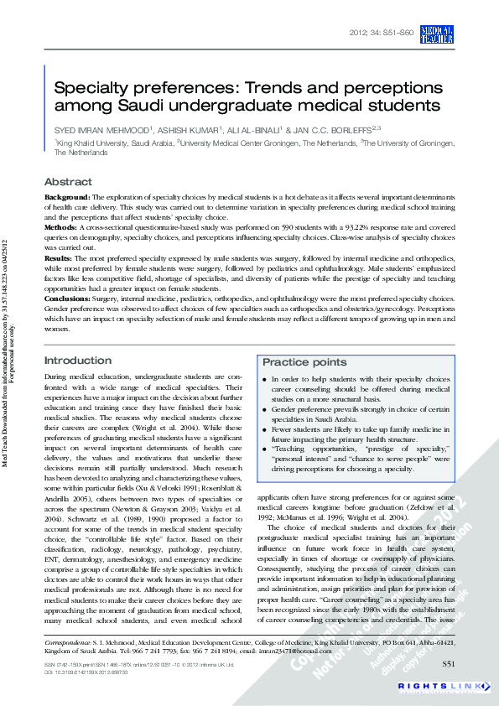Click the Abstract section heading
point(68,182)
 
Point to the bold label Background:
point(67,195)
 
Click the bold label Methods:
point(61,226)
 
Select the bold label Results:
point(60,258)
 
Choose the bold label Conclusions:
point(70,298)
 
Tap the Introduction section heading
point(77,361)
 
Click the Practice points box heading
point(304,362)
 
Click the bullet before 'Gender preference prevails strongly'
point(265,409)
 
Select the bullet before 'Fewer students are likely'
point(265,429)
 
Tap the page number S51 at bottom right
point(450,664)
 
